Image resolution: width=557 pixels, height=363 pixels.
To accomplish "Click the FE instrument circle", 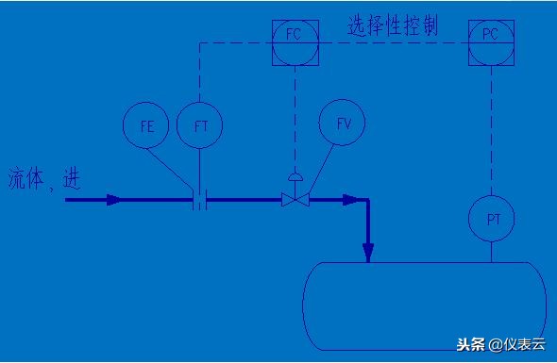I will pos(146,124).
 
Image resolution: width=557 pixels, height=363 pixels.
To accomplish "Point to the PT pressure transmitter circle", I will pos(491,219).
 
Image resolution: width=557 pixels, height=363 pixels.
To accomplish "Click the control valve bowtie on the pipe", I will pos(295,200).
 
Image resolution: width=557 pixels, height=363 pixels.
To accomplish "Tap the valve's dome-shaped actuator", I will pos(295,177).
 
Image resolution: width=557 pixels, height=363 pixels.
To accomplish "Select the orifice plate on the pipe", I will pos(199,200).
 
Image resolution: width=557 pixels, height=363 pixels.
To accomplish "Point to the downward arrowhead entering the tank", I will pos(368,251).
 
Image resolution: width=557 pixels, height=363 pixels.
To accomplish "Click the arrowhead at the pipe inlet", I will pos(112,200).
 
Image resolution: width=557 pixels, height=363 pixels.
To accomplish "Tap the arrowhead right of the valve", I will pos(353,200).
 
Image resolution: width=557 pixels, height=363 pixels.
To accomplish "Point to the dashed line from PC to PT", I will pos(491,132).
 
